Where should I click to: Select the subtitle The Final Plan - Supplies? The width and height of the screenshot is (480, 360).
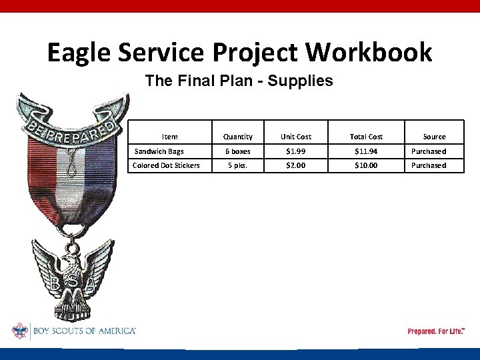click(x=239, y=81)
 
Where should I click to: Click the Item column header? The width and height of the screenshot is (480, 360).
click(x=170, y=137)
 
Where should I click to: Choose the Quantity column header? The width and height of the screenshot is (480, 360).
click(x=238, y=137)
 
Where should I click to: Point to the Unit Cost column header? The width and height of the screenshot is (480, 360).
click(x=296, y=137)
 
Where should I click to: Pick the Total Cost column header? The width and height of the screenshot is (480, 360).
click(x=367, y=137)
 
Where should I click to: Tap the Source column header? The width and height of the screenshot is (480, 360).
click(x=435, y=137)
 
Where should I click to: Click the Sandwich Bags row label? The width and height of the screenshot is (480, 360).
click(x=159, y=151)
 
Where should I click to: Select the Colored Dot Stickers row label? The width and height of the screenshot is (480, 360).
click(x=166, y=165)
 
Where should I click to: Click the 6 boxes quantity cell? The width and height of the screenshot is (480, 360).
click(x=238, y=151)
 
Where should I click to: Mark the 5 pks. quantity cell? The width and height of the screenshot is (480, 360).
click(x=238, y=165)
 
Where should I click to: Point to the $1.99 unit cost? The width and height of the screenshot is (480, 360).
click(x=296, y=151)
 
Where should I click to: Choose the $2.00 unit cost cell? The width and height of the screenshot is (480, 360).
click(x=296, y=165)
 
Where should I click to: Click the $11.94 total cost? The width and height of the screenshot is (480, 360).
click(x=367, y=151)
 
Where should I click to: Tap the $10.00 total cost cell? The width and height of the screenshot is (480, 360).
click(x=367, y=165)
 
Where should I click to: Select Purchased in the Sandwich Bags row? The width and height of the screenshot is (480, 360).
click(x=429, y=151)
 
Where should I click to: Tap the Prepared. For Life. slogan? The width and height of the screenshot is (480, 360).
click(x=436, y=331)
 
